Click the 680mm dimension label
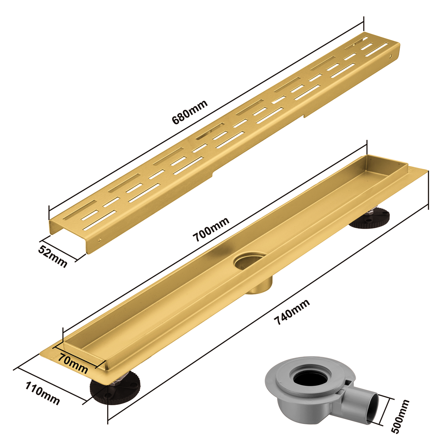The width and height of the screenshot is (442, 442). click(x=190, y=112)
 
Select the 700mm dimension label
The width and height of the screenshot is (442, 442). click(x=211, y=230)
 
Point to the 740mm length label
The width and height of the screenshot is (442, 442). click(x=292, y=312)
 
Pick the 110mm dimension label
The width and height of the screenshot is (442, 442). click(x=42, y=393)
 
